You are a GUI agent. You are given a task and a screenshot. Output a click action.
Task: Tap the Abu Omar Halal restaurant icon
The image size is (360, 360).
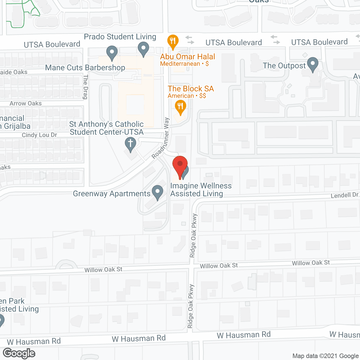point(173,41)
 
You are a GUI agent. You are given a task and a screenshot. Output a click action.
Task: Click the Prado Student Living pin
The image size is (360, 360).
point(143,48)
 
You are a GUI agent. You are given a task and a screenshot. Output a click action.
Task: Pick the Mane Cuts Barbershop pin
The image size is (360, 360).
point(112,53)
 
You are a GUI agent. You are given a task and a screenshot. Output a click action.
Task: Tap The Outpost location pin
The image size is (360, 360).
point(312,64)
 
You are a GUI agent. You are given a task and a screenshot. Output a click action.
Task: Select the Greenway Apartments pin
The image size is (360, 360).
point(157,192)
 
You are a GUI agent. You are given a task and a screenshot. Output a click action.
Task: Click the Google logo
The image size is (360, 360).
point(19,353)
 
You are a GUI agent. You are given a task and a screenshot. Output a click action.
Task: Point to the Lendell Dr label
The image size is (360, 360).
point(345,195)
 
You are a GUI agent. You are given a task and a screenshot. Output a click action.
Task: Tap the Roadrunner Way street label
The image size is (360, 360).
point(161,138)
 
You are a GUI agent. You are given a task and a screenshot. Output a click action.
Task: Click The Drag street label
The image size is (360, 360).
point(85,87)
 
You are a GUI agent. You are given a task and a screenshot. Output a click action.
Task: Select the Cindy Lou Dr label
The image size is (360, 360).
point(39,135)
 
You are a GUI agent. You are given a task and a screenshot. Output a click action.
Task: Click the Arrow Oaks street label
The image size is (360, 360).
point(26,103)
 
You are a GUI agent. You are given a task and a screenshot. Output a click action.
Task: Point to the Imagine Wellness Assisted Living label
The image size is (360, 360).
point(201,190)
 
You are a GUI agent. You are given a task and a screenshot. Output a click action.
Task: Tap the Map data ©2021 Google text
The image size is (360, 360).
point(326,356)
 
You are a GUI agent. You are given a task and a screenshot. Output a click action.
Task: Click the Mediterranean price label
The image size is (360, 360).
point(184,64)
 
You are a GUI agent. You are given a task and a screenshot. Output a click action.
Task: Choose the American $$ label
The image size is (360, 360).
point(187,96)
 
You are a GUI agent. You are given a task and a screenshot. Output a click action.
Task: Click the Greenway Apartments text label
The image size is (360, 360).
point(112,193)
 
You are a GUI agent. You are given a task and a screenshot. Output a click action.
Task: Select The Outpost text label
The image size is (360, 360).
point(284,66)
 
